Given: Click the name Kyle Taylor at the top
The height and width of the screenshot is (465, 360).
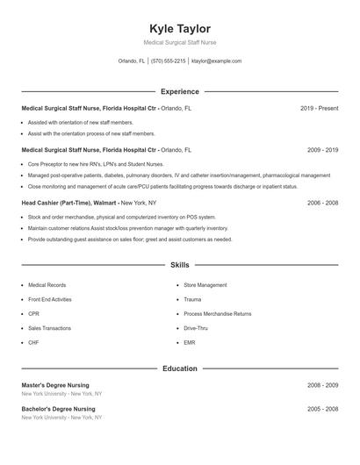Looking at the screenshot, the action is [x=180, y=28].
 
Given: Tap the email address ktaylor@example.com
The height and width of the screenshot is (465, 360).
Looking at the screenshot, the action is [x=216, y=61].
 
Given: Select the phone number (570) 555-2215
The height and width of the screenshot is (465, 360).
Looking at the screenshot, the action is [x=169, y=61].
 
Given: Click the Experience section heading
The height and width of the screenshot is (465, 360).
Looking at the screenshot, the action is [x=180, y=91].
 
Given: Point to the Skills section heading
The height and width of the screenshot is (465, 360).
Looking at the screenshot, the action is [x=180, y=264].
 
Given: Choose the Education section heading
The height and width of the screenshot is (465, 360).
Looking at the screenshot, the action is [x=180, y=368].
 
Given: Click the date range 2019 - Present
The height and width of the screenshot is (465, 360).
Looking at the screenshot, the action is [x=319, y=108].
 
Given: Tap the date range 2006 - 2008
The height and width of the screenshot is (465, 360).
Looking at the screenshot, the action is [x=322, y=203].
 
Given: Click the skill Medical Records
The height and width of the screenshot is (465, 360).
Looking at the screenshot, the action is [x=47, y=285].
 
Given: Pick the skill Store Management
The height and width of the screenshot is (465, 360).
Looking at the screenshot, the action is [x=205, y=285].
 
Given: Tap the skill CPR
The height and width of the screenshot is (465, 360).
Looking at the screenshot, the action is [x=33, y=313].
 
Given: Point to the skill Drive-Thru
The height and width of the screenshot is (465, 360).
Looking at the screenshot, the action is [x=196, y=328].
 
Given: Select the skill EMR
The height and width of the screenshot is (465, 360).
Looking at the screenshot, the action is [x=190, y=342].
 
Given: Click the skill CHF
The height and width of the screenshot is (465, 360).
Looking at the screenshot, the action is [x=33, y=342].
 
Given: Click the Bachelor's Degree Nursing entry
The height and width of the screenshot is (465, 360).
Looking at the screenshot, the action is [x=58, y=409].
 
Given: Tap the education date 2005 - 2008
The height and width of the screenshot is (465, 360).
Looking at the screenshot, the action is [x=322, y=409].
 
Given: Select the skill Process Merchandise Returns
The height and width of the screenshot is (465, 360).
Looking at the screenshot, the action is [x=217, y=313].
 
